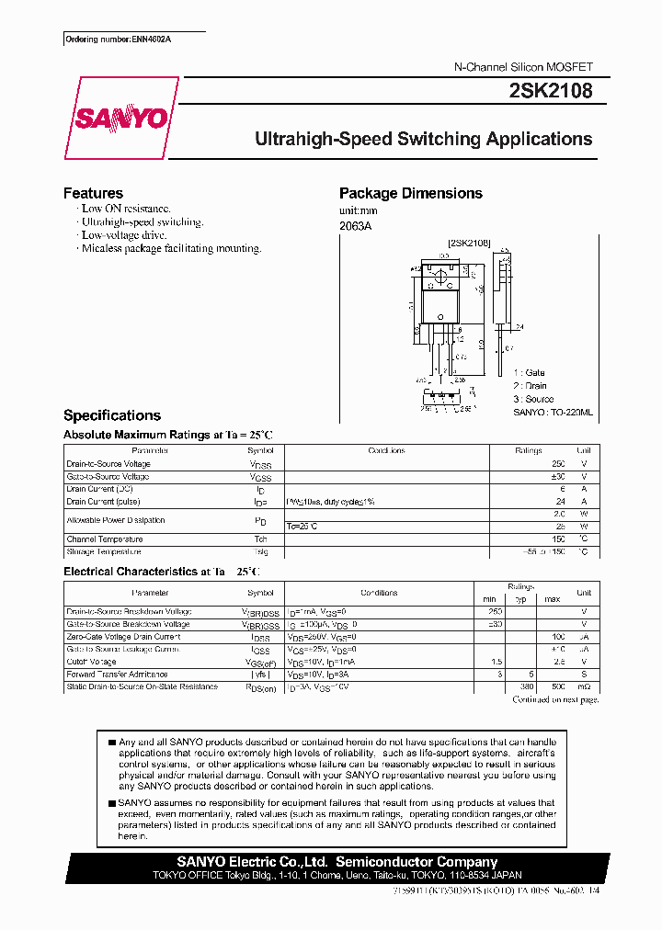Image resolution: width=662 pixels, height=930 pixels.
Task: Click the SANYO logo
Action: (121, 119)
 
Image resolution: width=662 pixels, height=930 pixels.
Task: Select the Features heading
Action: (93, 193)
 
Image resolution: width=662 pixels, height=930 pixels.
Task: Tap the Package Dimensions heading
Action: (410, 193)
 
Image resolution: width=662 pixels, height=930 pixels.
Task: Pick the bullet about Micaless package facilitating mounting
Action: (171, 248)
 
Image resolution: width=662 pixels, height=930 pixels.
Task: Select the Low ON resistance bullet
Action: (126, 210)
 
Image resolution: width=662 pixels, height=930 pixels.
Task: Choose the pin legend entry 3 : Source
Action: (533, 399)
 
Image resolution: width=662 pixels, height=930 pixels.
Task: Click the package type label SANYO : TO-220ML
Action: (553, 414)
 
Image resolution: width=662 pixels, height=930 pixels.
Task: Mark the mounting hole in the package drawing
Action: (440, 274)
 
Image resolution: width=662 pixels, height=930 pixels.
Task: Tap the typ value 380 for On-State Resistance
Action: (527, 686)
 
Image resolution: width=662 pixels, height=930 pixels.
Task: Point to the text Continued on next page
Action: (555, 700)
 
